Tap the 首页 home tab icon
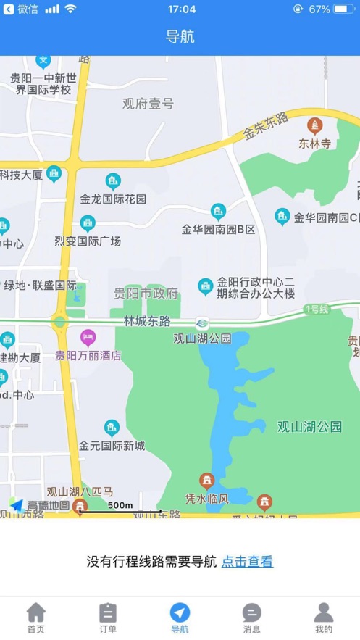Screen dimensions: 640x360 point(35,613)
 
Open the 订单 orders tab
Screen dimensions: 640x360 point(107,613)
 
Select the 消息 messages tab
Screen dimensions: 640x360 point(251,613)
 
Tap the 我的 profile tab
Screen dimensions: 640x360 point(324,613)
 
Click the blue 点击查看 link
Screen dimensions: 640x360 point(247,561)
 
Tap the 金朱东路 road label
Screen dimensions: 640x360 point(266,125)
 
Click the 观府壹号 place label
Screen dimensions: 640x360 point(148,104)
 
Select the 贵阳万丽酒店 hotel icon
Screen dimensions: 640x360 point(88,336)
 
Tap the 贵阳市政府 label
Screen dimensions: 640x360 point(146,294)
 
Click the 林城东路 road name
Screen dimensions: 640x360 point(147,320)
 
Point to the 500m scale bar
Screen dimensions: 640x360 point(120,510)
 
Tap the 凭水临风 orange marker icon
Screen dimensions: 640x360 point(207,481)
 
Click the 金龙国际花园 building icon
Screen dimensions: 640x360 point(113,180)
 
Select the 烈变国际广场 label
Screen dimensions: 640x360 point(87,241)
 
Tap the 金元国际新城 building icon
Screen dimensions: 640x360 point(112,428)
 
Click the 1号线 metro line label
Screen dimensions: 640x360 point(317,309)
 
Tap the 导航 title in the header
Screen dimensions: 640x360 point(180,37)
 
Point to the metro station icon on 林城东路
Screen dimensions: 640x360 point(202,323)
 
